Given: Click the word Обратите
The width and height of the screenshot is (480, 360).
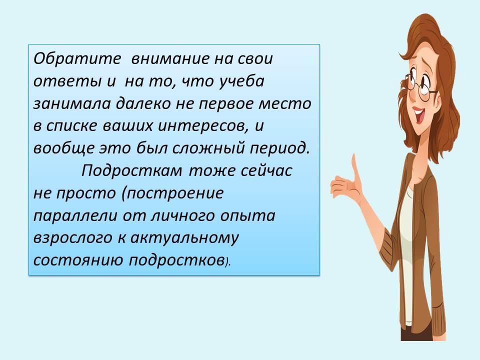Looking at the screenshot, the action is [77, 58].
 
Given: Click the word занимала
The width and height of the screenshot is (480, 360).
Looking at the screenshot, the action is [71, 104].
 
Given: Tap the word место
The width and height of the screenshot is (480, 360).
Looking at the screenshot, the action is [285, 104].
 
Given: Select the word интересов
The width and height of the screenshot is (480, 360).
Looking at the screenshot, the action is [202, 126].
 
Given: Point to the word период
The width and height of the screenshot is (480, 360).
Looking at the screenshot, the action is [280, 148].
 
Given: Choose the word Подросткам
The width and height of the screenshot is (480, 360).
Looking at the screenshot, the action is [131, 171].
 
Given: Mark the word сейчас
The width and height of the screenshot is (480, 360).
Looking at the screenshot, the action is [266, 171].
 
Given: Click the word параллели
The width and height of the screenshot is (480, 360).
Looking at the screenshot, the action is [75, 216].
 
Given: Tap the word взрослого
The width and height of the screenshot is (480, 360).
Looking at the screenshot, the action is [72, 238].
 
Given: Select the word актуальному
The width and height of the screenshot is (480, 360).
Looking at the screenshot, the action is [184, 238].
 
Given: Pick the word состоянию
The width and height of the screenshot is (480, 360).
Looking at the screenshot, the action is [78, 260].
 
